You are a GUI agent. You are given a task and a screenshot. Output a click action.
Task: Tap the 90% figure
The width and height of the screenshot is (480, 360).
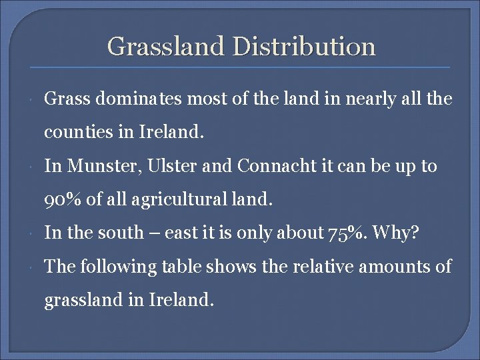[x=61, y=199]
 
